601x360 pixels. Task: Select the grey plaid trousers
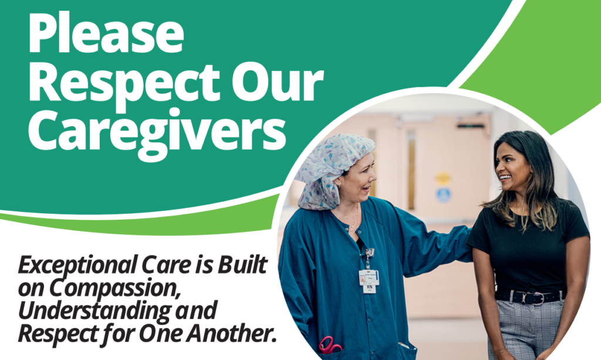[x=525, y=332]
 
